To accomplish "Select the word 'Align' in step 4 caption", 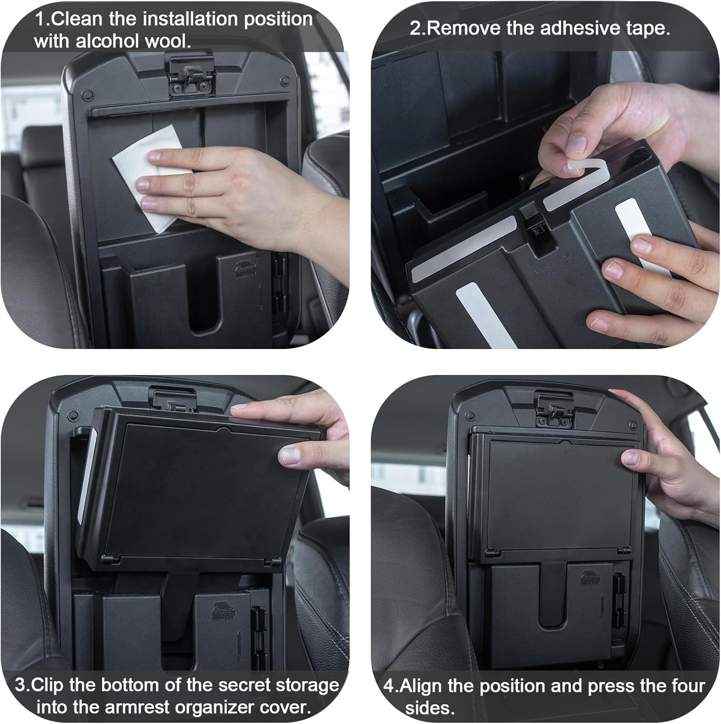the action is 420,686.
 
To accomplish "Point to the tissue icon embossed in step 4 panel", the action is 590,578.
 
